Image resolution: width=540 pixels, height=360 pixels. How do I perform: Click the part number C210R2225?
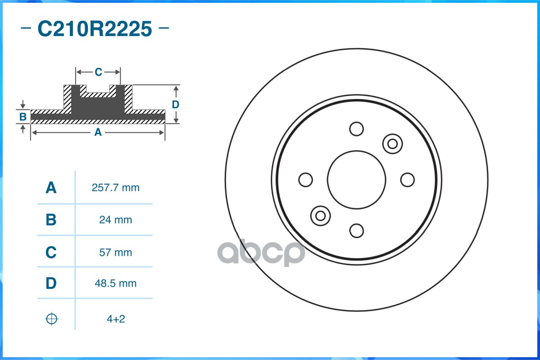click(95, 29)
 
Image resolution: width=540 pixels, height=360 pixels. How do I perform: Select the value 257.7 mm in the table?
click(115, 188)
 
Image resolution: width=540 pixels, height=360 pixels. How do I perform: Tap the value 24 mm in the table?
click(115, 220)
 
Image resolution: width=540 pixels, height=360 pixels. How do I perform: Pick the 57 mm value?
click(115, 252)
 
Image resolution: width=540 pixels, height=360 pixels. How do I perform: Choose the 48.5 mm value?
click(115, 283)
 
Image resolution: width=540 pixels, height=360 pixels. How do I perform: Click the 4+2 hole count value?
click(115, 319)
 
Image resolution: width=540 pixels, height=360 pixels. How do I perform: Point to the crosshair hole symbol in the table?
click(52, 319)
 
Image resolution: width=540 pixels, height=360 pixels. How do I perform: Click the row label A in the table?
click(51, 188)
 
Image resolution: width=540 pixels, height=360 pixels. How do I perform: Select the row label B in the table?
click(51, 220)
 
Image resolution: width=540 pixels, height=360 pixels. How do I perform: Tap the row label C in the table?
click(51, 252)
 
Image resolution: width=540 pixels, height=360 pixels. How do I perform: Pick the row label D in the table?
click(51, 283)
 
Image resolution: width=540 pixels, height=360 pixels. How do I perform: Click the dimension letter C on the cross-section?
click(98, 72)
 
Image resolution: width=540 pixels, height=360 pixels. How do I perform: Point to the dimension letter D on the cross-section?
click(176, 104)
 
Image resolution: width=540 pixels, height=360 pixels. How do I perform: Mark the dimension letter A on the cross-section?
click(98, 132)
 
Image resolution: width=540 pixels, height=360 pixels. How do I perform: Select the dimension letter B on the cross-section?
click(23, 117)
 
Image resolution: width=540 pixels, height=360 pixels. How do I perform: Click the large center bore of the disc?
click(357, 180)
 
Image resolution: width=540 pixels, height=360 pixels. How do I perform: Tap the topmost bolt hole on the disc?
click(357, 129)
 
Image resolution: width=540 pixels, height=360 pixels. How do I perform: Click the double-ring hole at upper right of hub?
click(392, 144)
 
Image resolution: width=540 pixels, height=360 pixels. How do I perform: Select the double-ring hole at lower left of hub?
click(321, 216)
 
